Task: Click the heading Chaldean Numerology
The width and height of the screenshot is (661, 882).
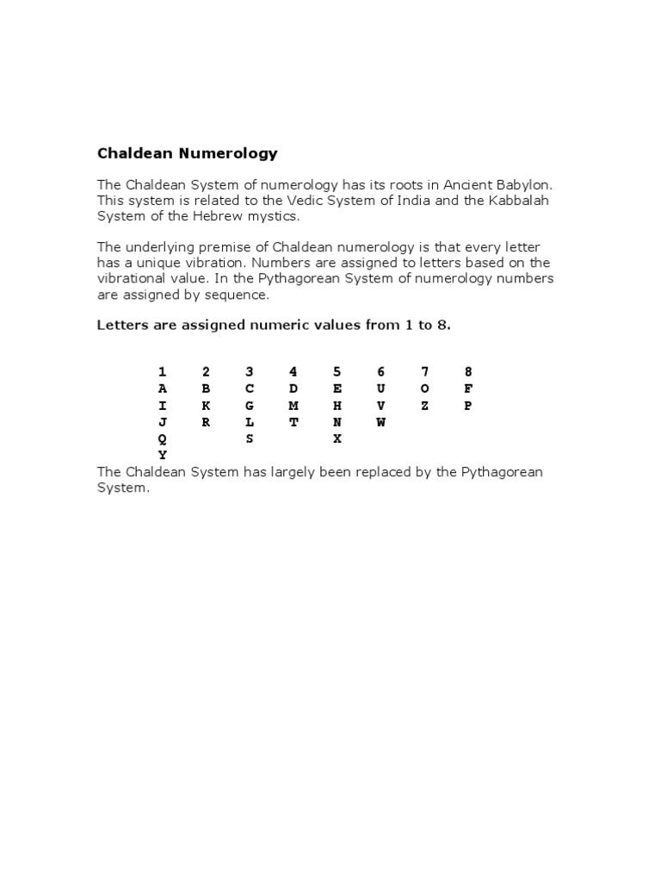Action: (x=187, y=154)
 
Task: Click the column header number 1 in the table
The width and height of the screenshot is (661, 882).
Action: (x=162, y=372)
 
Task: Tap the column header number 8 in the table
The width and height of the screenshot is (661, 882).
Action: (x=468, y=372)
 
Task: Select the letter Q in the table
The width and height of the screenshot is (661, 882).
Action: (x=162, y=438)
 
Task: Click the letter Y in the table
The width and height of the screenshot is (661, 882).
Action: (x=162, y=455)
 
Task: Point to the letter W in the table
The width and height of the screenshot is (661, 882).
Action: (x=380, y=422)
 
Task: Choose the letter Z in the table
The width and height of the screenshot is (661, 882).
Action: (x=424, y=406)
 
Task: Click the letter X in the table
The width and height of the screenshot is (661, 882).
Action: (x=337, y=438)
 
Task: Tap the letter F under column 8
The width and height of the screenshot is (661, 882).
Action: (x=468, y=388)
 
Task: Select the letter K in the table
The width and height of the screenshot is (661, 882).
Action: (x=206, y=406)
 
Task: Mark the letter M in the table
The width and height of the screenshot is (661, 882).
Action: (x=293, y=406)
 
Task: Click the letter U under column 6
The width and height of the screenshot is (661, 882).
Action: (x=380, y=388)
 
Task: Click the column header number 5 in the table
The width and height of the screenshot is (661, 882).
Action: (x=337, y=372)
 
